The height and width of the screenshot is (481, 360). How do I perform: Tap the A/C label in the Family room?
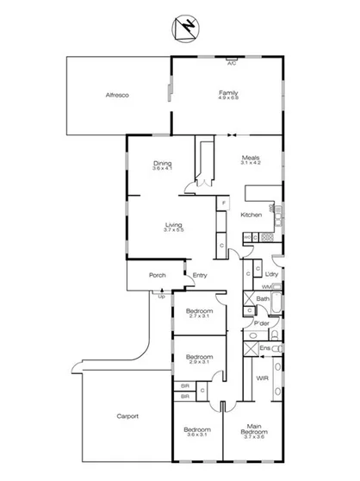click(231, 63)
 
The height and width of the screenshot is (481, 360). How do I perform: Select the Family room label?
click(228, 94)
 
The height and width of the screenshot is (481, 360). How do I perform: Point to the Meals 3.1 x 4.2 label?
click(251, 160)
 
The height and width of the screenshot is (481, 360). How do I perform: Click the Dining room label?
click(163, 166)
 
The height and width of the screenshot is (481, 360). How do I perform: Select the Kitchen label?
click(251, 215)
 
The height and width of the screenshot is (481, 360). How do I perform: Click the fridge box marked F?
click(223, 203)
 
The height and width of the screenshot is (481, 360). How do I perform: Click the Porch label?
click(158, 276)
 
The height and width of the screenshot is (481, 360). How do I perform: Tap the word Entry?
click(200, 276)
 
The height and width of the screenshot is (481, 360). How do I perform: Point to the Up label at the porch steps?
click(161, 296)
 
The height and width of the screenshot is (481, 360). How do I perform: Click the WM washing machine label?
click(266, 285)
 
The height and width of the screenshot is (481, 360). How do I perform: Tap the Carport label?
click(127, 415)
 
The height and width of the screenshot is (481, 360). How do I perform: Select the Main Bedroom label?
click(254, 432)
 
